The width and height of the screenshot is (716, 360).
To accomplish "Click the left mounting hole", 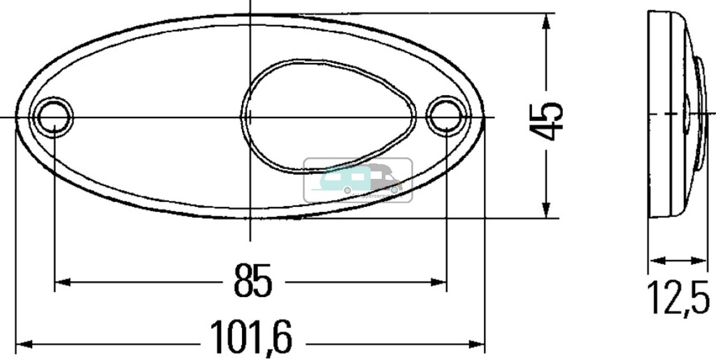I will point(54,116).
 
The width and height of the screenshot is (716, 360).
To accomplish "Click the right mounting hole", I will point(445,116).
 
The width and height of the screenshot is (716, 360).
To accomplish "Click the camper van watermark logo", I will point(358,180).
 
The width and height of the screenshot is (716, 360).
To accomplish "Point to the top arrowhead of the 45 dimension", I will point(545,20).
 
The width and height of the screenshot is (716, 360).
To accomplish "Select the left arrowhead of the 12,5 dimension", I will point(654,261).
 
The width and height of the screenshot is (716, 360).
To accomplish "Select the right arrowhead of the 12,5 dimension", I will point(702,261).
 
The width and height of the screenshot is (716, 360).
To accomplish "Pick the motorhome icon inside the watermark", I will point(382,180).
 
